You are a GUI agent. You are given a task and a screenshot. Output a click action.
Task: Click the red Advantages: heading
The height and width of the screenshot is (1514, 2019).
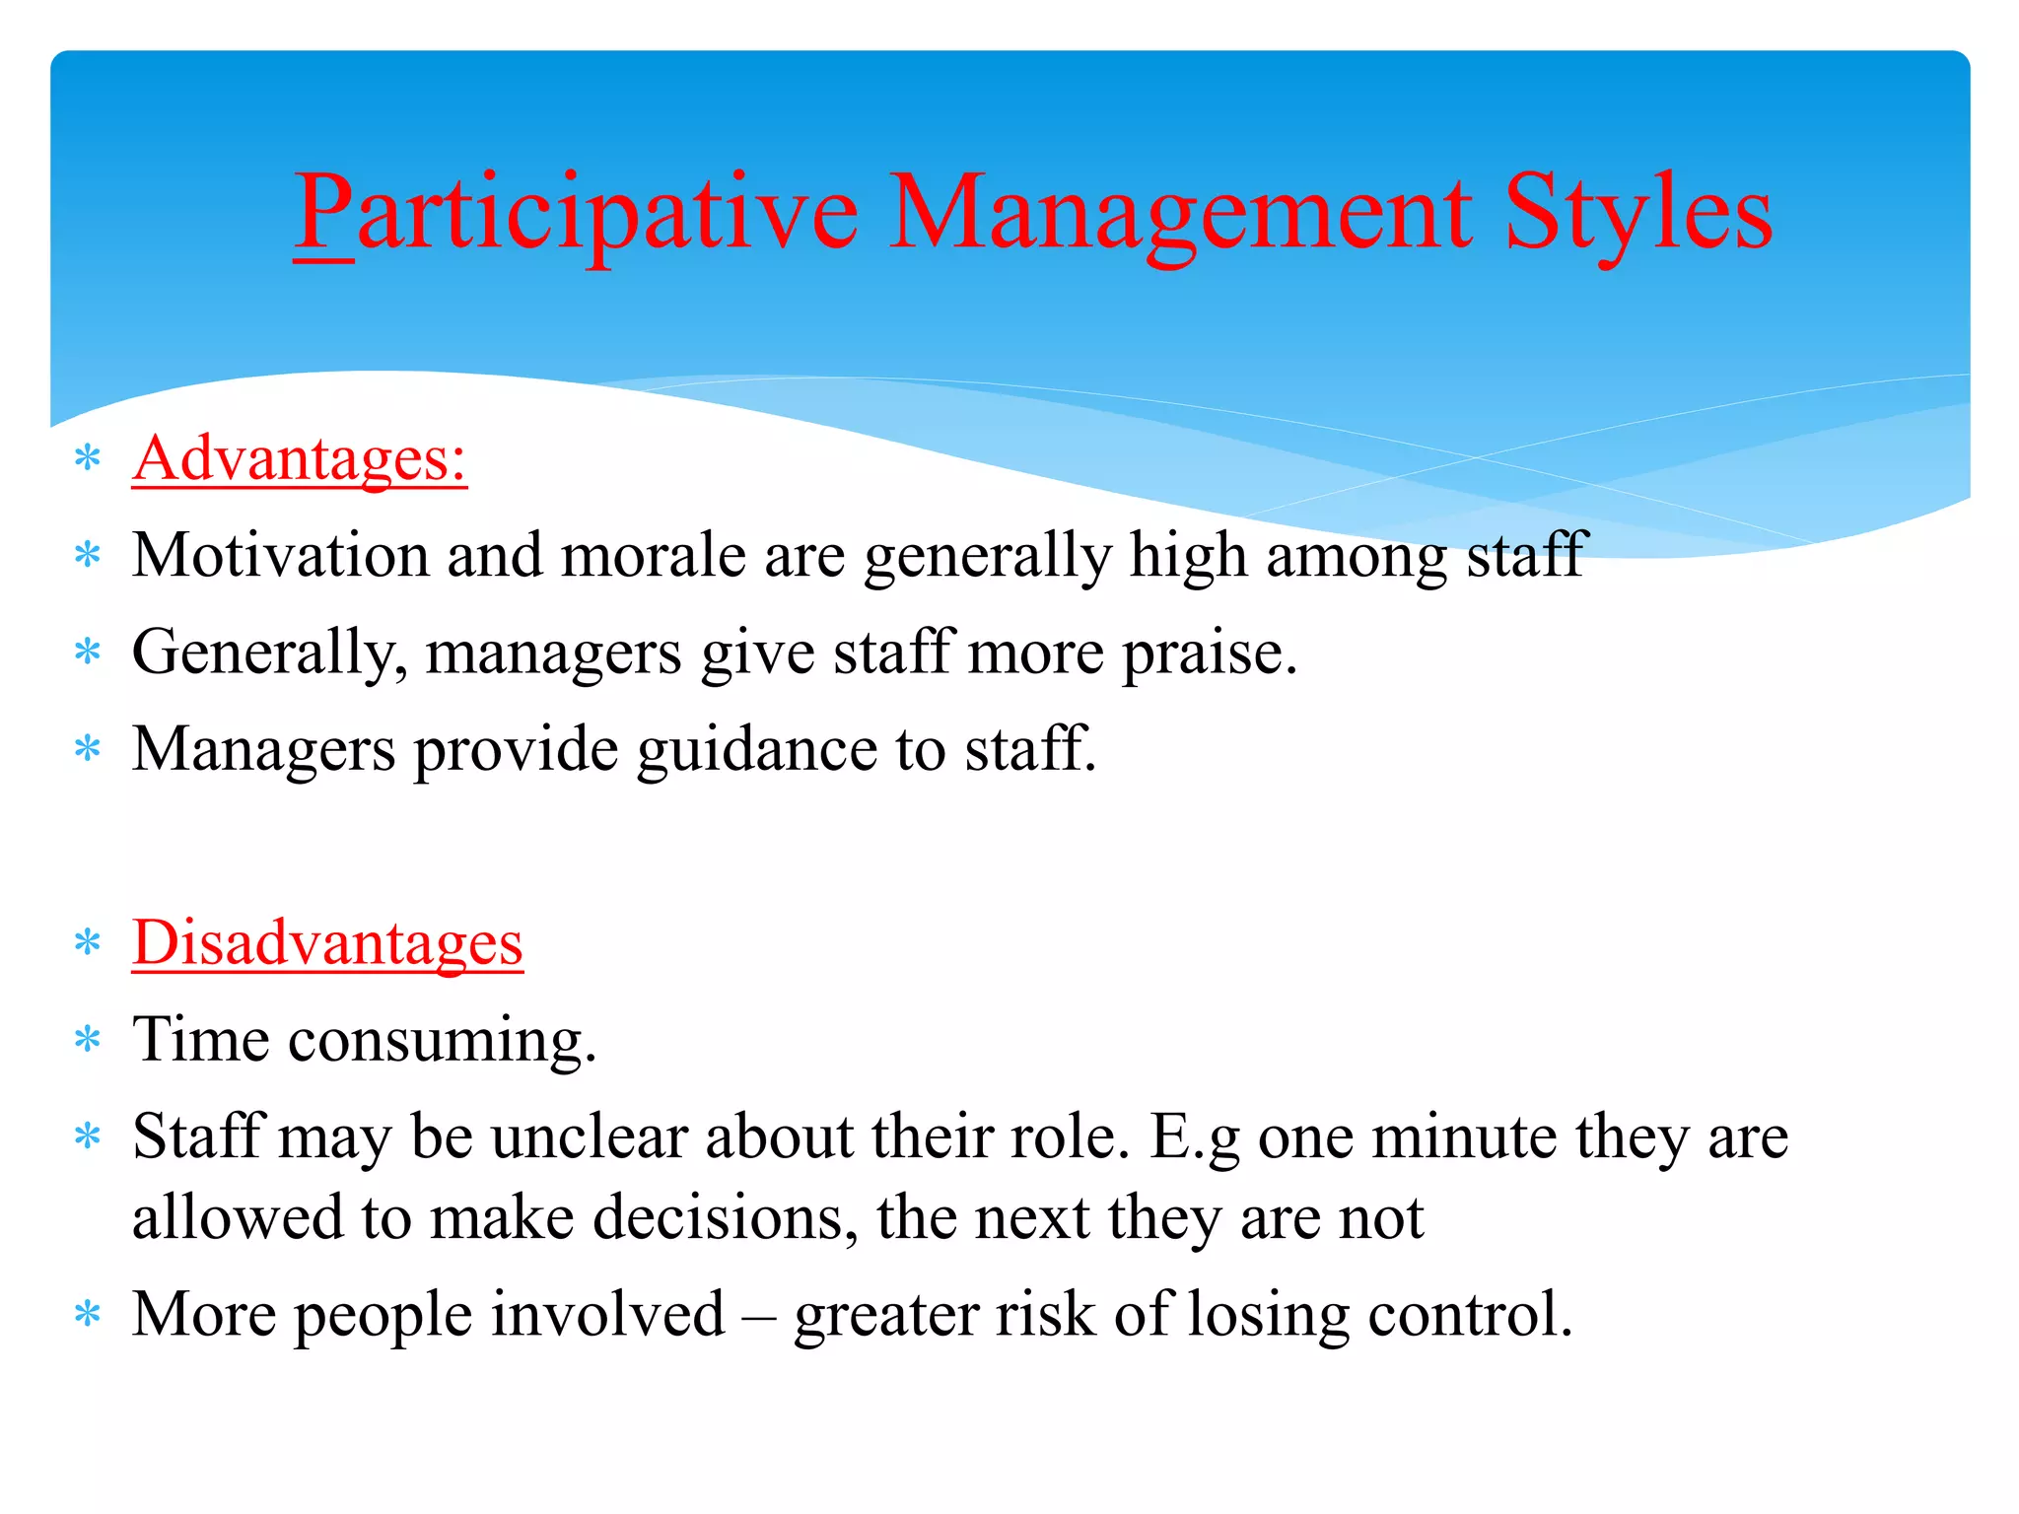click(300, 459)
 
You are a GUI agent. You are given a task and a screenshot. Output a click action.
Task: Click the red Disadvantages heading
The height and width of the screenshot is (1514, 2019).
click(327, 943)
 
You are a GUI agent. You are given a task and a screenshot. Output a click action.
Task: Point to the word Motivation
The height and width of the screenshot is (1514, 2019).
click(280, 555)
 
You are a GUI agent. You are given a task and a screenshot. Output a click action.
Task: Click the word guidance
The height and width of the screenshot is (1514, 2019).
click(756, 749)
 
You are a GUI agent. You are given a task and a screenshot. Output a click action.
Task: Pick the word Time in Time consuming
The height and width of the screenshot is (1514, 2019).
click(201, 1039)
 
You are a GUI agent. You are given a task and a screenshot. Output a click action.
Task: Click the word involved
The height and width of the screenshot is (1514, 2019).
click(607, 1314)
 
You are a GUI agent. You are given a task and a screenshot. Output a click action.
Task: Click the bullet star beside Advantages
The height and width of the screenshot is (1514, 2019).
click(89, 458)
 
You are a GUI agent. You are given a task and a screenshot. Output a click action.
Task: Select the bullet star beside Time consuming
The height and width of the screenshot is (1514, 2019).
click(89, 1039)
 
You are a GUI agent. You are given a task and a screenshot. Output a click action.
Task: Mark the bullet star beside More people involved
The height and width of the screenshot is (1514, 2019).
click(89, 1314)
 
